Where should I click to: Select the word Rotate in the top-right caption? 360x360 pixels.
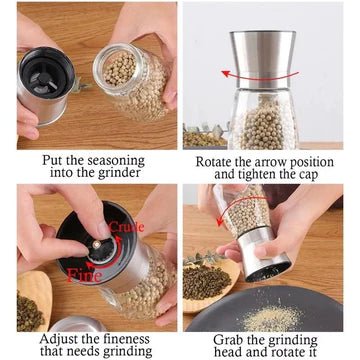pyautogui.click(x=213, y=158)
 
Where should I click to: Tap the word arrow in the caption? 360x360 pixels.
pyautogui.click(x=286, y=158)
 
